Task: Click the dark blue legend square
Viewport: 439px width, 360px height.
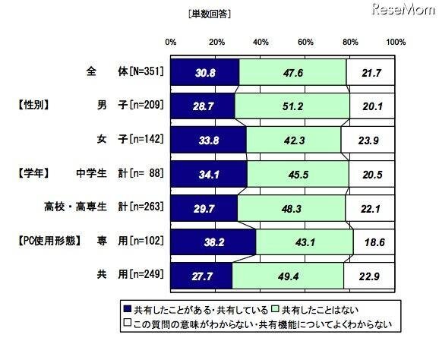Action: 127,309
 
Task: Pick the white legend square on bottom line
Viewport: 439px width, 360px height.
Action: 127,324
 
